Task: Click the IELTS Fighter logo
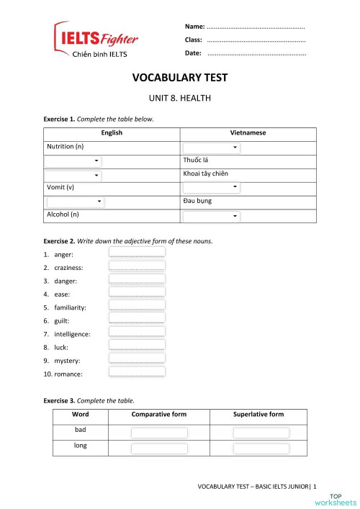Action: tap(96, 40)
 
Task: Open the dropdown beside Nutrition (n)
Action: tap(211, 148)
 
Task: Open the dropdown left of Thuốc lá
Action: tap(73, 161)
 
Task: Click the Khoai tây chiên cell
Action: tap(208, 174)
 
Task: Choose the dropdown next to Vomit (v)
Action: tap(211, 188)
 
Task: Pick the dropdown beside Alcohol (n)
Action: tap(211, 215)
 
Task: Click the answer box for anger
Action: tap(137, 253)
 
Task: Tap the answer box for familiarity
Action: tap(137, 307)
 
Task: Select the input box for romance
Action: tap(137, 373)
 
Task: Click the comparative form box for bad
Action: tap(159, 433)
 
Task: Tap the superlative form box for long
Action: tap(261, 449)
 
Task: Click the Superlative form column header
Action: tap(258, 415)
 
